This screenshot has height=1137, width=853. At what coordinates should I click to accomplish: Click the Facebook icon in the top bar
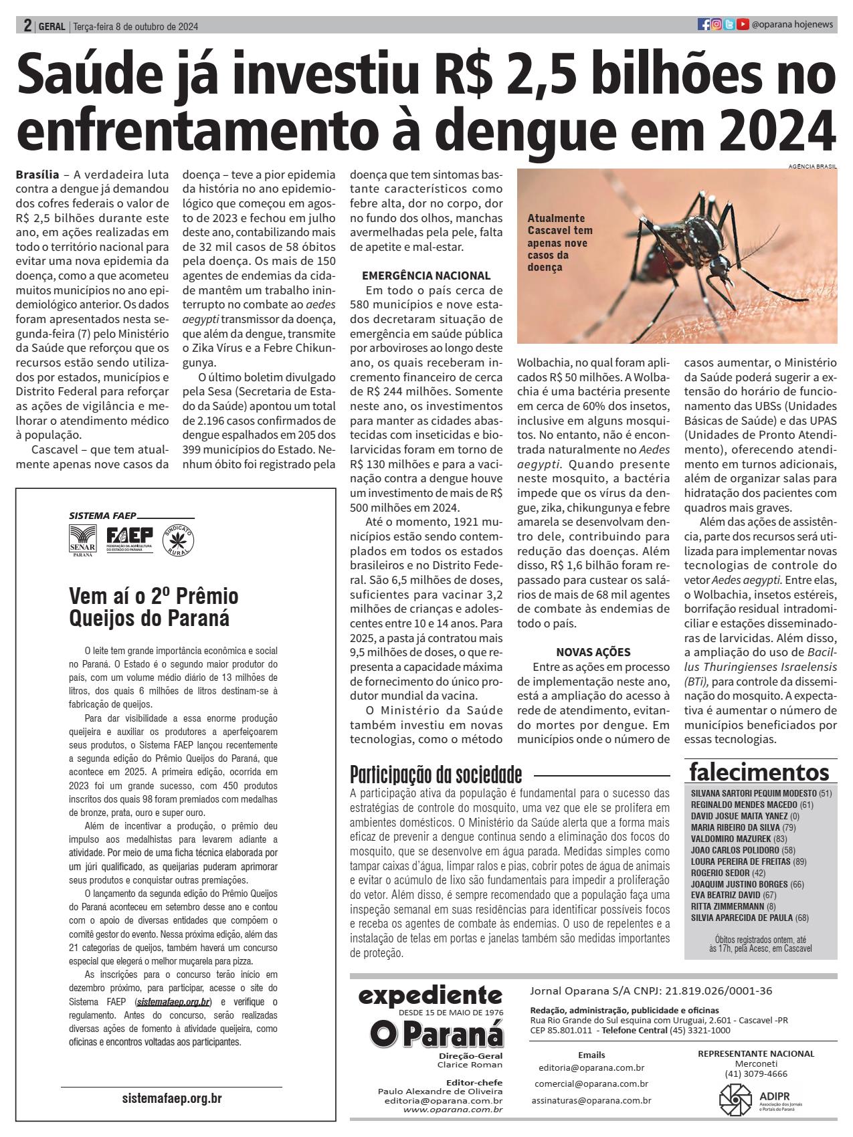[703, 25]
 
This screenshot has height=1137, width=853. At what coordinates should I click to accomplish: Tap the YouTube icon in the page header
[743, 25]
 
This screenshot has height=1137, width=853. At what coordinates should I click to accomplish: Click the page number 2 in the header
[27, 25]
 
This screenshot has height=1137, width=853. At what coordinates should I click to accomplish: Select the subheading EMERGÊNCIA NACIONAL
[426, 276]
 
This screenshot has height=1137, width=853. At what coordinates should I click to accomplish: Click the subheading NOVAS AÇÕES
[593, 652]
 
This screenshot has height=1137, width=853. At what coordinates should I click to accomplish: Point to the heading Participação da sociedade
[436, 774]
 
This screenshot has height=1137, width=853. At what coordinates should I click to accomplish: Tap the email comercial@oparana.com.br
[591, 1083]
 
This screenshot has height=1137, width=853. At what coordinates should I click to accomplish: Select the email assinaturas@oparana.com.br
[591, 1100]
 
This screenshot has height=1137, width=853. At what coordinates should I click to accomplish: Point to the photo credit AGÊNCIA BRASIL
[812, 166]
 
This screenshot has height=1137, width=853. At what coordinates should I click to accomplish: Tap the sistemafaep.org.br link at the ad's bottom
[172, 1098]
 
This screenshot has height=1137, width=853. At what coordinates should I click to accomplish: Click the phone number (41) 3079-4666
[755, 1073]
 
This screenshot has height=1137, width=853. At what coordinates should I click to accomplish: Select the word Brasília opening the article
[36, 175]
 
